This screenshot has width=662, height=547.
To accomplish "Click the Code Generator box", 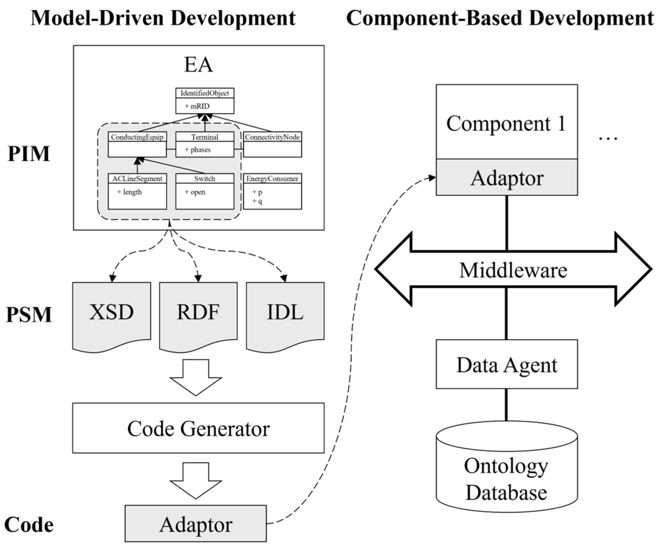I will point(198,428).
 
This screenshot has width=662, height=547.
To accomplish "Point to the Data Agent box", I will point(506,365).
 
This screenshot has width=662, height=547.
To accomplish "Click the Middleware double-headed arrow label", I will point(513,270).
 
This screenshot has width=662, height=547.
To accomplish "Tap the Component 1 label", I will point(506,124).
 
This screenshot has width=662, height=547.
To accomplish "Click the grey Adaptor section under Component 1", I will point(506,178).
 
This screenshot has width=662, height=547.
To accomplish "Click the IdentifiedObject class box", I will point(205,101).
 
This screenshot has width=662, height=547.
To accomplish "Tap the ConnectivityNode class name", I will point(272,137).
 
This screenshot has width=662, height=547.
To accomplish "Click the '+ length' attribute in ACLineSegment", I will point(129,192).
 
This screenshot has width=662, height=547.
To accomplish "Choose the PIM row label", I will point(29,154).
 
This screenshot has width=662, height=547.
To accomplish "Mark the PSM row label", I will point(29,315).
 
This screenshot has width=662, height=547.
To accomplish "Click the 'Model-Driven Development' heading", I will point(163,18).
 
